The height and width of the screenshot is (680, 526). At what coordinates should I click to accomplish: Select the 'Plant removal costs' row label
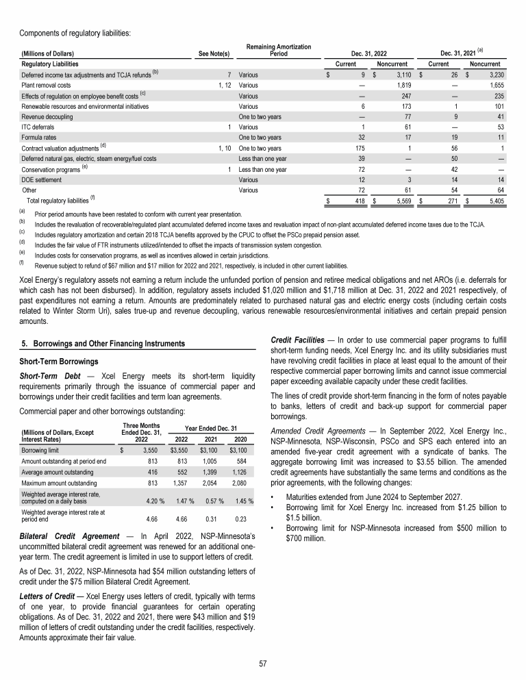(x=46, y=85)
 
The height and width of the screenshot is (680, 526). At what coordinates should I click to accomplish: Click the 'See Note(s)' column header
(x=214, y=53)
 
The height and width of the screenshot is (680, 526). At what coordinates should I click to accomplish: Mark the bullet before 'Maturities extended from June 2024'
(x=274, y=496)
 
